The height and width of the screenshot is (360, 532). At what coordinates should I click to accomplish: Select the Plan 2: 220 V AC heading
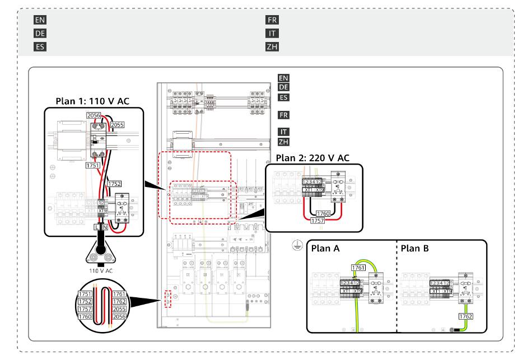[312, 158]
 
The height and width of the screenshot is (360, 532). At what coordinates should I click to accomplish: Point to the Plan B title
[415, 248]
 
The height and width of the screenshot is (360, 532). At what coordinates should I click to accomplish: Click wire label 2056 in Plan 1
[94, 115]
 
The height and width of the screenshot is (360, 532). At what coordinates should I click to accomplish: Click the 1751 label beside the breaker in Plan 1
[93, 166]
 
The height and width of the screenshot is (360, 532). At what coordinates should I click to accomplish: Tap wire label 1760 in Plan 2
[323, 213]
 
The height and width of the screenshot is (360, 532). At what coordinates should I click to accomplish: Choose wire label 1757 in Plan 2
[317, 221]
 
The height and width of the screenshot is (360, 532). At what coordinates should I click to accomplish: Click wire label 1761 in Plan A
[358, 268]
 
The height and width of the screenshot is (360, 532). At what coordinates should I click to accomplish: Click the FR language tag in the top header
[272, 20]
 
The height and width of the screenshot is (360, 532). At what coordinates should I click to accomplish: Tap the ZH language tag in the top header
[272, 46]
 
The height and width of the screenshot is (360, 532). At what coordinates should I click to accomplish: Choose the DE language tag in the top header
[40, 33]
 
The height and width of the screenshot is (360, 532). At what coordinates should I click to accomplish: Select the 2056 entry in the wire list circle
[118, 316]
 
